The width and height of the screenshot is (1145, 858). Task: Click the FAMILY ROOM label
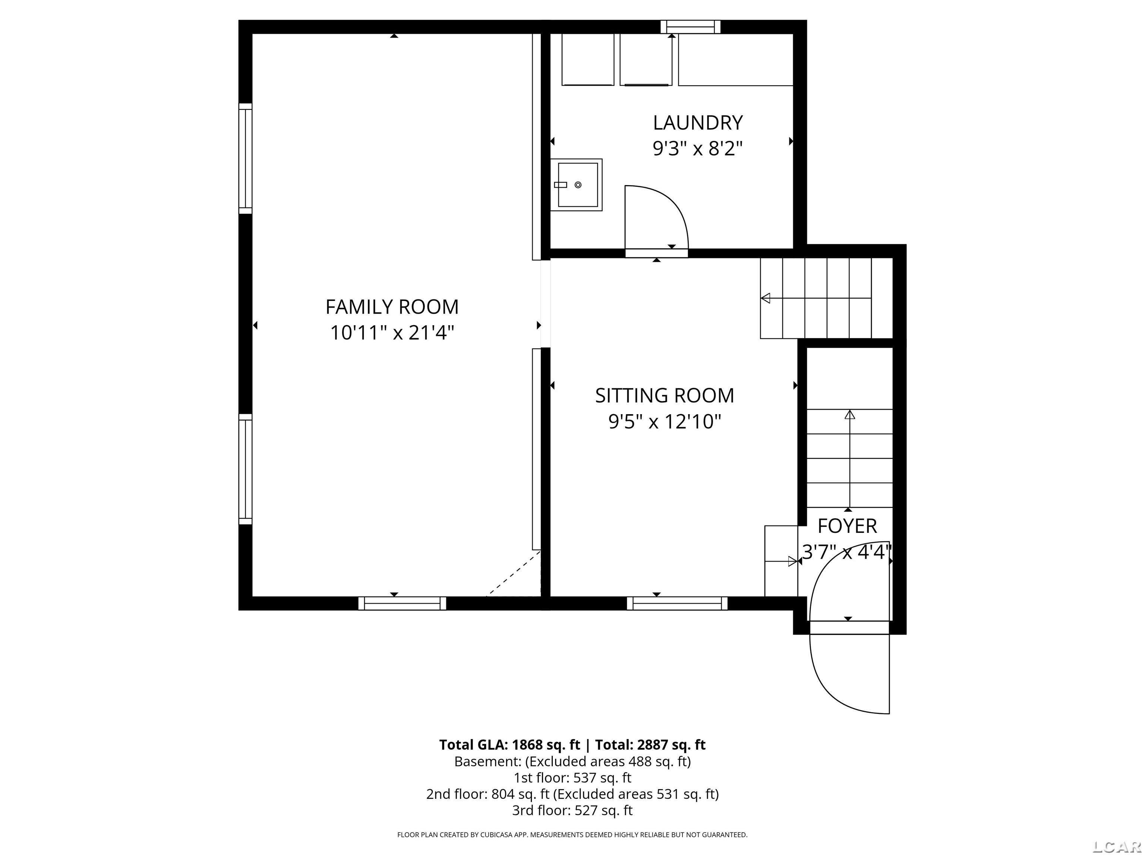pos(392,307)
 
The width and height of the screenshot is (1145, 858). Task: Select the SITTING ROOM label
pos(665,395)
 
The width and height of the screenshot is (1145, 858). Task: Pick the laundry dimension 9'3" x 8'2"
pos(698,149)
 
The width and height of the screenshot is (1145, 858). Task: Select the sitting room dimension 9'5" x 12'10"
pos(665,422)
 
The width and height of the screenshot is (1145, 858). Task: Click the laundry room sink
pos(576,185)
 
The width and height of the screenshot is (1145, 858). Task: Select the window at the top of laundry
pos(691,26)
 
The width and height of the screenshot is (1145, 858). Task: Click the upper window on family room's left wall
pos(245,158)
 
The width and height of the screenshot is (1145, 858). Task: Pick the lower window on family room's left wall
pos(245,469)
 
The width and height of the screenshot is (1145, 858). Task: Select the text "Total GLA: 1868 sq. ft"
pos(510,745)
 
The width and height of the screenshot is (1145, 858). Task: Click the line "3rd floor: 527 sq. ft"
pos(572,810)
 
